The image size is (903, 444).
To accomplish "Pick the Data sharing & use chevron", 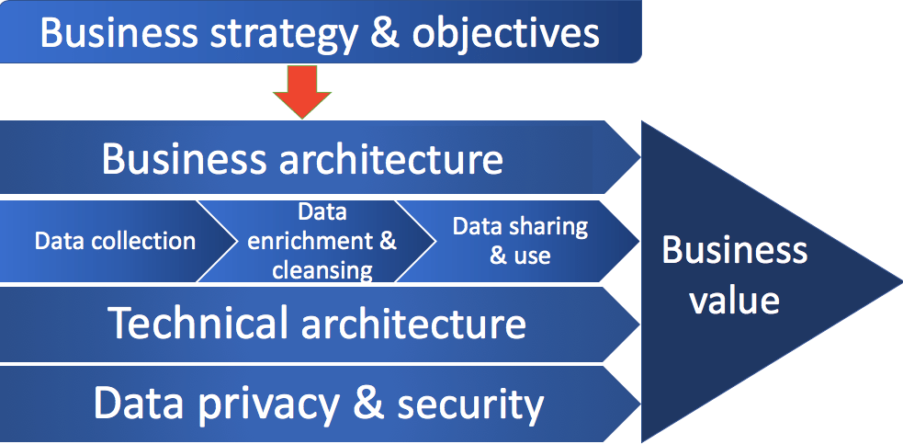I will pos(519,241).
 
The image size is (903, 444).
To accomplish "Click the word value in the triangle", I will pos(735,300).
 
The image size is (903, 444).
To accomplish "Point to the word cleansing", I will pos(322,270).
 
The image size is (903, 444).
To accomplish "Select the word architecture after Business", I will pos(389,159).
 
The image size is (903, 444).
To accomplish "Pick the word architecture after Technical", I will pos(408,324).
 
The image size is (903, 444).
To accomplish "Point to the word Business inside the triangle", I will pos(735,250).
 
